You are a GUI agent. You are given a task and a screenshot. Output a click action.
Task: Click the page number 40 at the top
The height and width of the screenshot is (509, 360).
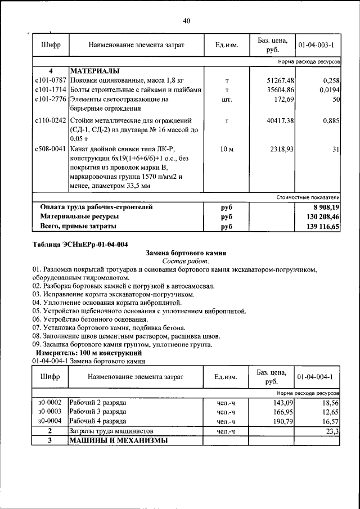tap(187, 21)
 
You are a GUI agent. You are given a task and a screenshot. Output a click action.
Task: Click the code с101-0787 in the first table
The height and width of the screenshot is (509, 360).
tap(50, 81)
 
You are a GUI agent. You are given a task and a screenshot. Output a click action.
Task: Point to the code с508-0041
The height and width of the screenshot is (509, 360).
tap(50, 149)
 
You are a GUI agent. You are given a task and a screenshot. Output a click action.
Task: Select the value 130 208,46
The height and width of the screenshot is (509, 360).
tap(319, 217)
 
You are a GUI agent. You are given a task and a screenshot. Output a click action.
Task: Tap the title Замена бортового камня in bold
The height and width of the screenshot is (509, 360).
tap(186, 253)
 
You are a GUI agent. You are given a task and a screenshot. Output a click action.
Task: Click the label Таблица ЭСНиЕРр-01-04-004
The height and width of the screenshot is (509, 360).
tap(80, 244)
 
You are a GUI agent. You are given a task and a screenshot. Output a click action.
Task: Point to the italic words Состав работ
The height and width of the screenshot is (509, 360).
tap(186, 261)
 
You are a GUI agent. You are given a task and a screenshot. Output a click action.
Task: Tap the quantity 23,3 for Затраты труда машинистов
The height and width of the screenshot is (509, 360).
tap(332, 431)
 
